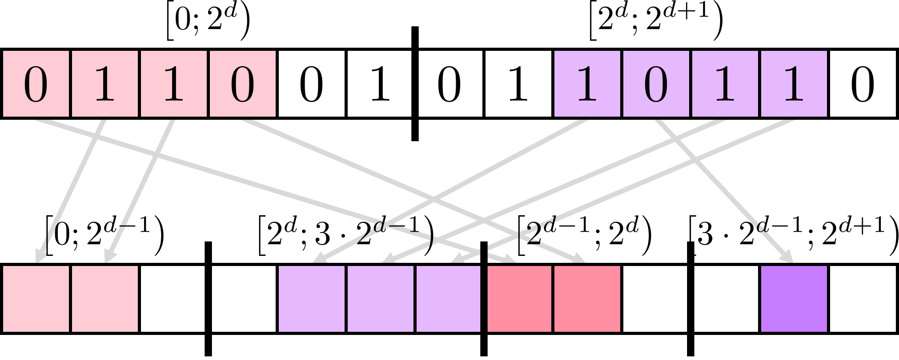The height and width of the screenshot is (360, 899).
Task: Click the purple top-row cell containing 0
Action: click(656, 84)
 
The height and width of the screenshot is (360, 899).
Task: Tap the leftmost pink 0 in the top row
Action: click(36, 84)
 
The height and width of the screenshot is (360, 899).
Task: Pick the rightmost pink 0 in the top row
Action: click(243, 84)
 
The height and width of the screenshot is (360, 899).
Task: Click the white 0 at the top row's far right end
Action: click(862, 84)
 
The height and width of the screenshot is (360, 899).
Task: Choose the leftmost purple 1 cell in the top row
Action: click(587, 84)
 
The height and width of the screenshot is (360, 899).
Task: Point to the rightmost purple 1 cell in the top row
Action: click(794, 84)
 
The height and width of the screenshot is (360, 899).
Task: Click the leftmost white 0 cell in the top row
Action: click(311, 84)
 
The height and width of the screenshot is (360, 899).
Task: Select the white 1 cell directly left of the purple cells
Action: click(518, 84)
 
